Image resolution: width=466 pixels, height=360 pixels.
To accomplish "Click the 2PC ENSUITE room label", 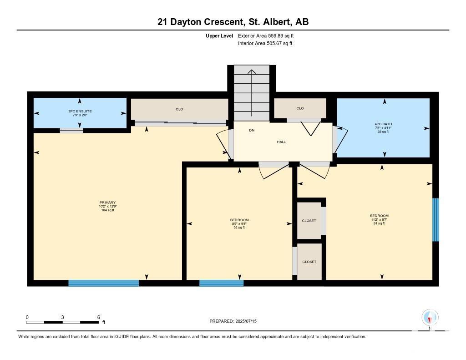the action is (x=80, y=111).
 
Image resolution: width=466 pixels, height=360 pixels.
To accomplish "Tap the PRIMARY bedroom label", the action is (x=107, y=203).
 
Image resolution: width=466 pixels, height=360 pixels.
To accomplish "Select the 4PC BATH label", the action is (x=383, y=124).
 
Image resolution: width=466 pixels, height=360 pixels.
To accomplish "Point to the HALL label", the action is (x=281, y=142).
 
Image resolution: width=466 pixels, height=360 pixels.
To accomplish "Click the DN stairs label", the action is (x=252, y=130).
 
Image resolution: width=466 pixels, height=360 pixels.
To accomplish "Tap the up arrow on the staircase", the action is (x=252, y=93).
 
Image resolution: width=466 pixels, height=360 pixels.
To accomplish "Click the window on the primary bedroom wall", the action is (x=103, y=283).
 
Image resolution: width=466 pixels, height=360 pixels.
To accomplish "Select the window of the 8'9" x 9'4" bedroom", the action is (x=222, y=283).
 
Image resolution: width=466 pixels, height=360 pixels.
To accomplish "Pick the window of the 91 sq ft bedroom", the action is (x=436, y=220).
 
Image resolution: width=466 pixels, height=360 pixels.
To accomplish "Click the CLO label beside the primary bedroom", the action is (x=179, y=109).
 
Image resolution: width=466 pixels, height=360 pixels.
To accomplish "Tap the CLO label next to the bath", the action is (x=300, y=108).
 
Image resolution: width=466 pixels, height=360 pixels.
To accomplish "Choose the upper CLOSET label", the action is (x=309, y=221).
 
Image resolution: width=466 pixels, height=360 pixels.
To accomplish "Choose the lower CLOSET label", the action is (x=309, y=262).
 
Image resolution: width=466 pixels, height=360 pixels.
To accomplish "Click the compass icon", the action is (x=430, y=318).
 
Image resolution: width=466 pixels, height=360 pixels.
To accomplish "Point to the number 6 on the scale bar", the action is (x=99, y=317).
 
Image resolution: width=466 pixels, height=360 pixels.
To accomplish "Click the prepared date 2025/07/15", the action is (x=246, y=321).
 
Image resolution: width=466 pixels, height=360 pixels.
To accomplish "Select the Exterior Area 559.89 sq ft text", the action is (x=266, y=35).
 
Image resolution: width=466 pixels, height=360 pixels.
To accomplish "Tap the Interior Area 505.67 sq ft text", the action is (x=265, y=43).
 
